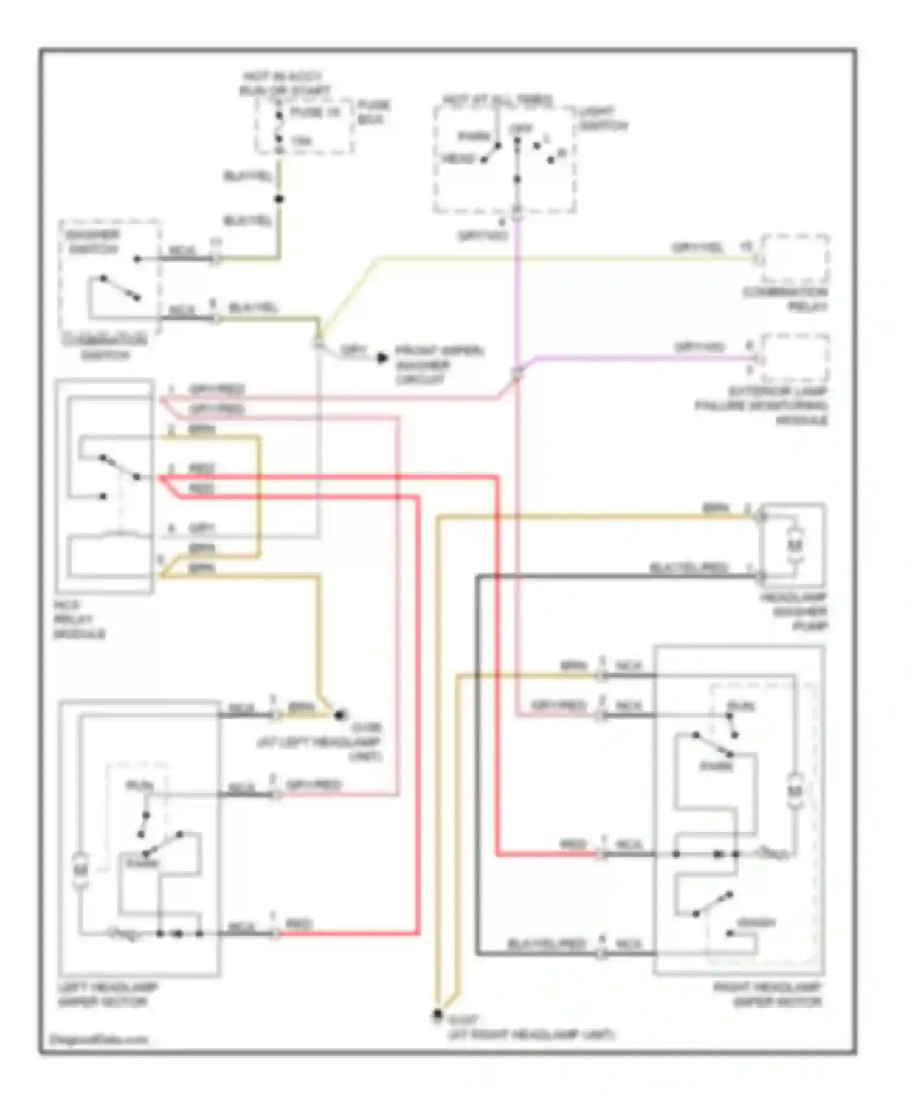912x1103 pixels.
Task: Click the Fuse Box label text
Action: click(373, 112)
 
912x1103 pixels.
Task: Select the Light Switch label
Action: click(603, 119)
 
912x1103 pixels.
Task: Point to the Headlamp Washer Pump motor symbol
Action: click(794, 544)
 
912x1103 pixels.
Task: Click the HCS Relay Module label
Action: click(79, 620)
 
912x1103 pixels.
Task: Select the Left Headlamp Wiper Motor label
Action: click(108, 995)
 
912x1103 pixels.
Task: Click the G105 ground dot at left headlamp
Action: click(340, 715)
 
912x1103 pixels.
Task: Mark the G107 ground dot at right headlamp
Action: click(437, 1014)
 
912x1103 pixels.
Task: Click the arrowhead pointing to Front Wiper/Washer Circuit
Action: click(382, 358)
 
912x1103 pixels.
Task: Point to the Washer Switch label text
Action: click(94, 242)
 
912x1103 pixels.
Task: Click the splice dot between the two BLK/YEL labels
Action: click(279, 199)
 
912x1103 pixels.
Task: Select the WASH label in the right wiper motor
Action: click(756, 923)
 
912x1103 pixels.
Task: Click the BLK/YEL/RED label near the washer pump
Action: click(688, 568)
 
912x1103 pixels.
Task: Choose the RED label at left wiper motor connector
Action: click(299, 925)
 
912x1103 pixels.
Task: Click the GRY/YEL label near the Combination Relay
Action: click(697, 248)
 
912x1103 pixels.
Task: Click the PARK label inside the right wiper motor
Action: click(716, 766)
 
